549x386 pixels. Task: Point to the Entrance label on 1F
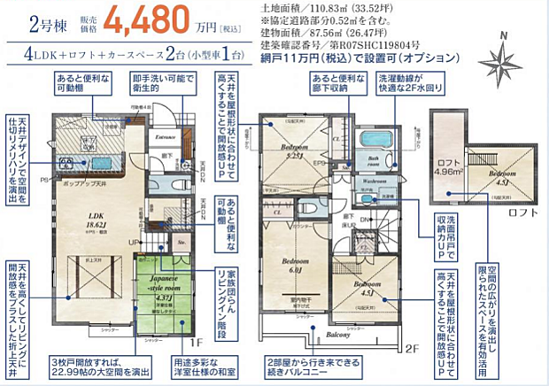point(166,137)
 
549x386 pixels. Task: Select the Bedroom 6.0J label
point(295,266)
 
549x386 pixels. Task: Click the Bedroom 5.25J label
point(295,151)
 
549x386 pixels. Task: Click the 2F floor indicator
point(411,349)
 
